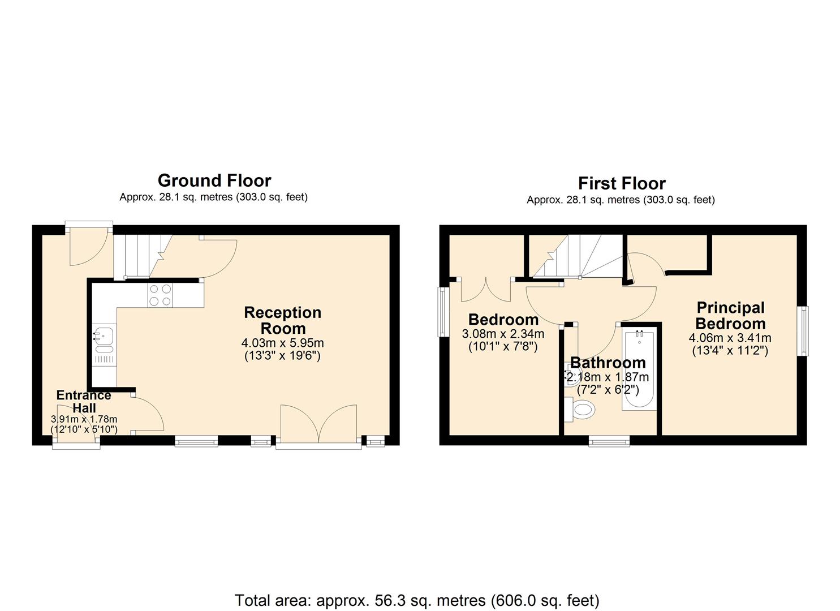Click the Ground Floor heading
click(x=214, y=181)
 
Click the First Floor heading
click(x=622, y=183)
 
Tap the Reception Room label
click(x=283, y=320)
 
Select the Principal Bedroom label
click(x=730, y=316)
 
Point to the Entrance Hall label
click(x=84, y=401)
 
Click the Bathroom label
click(x=608, y=363)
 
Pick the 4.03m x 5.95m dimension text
click(x=282, y=343)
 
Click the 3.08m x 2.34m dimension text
click(x=503, y=333)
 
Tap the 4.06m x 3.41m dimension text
click(x=730, y=338)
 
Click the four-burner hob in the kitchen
click(x=160, y=295)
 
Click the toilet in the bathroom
click(x=579, y=409)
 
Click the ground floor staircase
click(x=143, y=257)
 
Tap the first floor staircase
click(x=576, y=256)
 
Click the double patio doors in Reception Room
click(x=319, y=424)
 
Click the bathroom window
click(x=609, y=441)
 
